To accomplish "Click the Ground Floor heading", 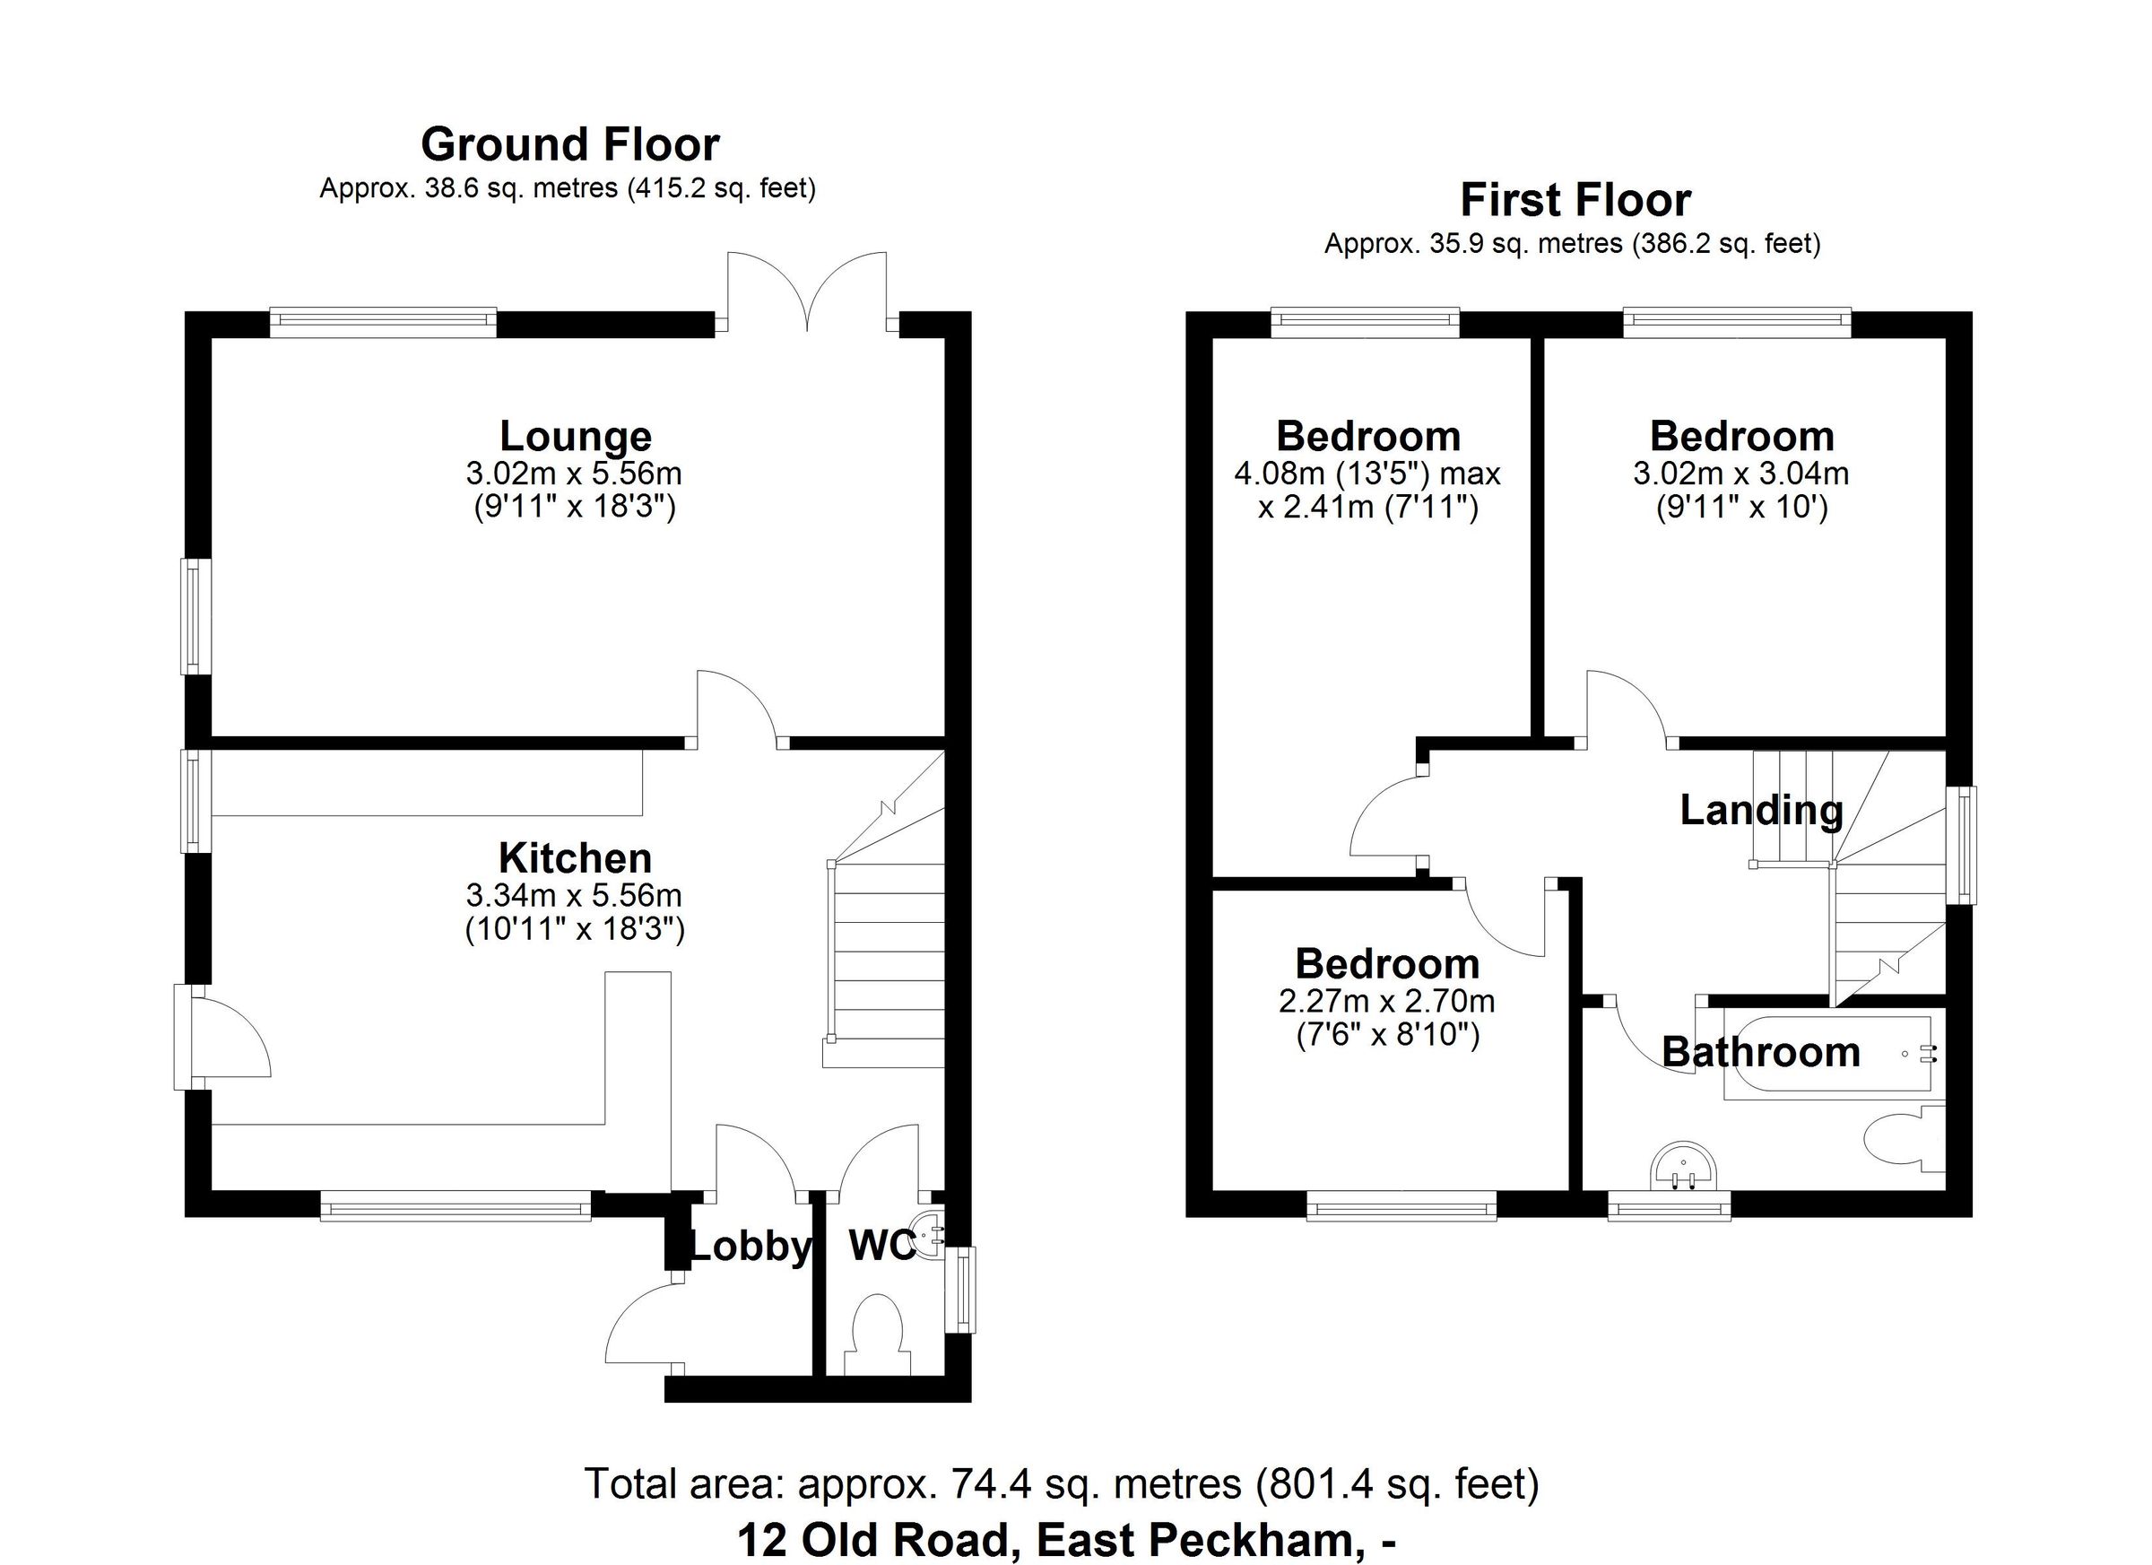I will tap(569, 145).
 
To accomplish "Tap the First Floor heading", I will tap(1575, 200).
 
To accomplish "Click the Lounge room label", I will tap(575, 436).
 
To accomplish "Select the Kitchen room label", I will tap(575, 858).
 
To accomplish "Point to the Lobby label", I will tap(750, 1247).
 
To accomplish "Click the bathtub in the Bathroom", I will tap(1827, 1057).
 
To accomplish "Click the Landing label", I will tap(1761, 811).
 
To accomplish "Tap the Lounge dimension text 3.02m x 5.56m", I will tap(573, 473).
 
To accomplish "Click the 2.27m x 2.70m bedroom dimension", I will tap(1387, 1000).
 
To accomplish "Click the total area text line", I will tap(1061, 1483).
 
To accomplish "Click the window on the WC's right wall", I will tap(964, 1290).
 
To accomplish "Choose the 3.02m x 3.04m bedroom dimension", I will tap(1740, 473).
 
